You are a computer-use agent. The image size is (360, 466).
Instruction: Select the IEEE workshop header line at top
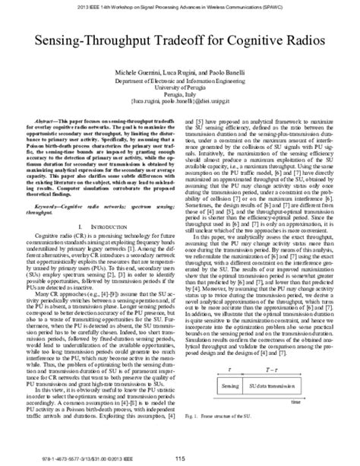[x=180, y=5]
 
